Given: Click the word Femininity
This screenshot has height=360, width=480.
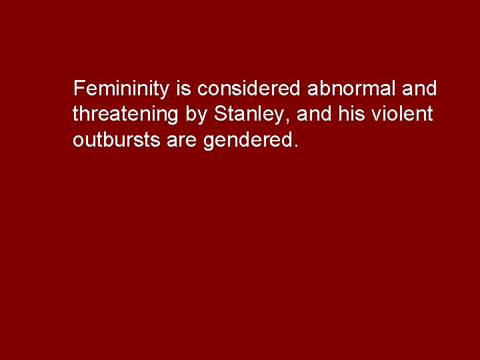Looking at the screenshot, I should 123,89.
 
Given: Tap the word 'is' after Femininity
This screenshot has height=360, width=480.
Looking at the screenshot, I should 185,89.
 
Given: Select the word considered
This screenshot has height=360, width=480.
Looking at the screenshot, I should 250,89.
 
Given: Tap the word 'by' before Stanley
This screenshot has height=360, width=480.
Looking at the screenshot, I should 197,115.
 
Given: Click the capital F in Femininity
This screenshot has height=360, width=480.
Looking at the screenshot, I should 79,89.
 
